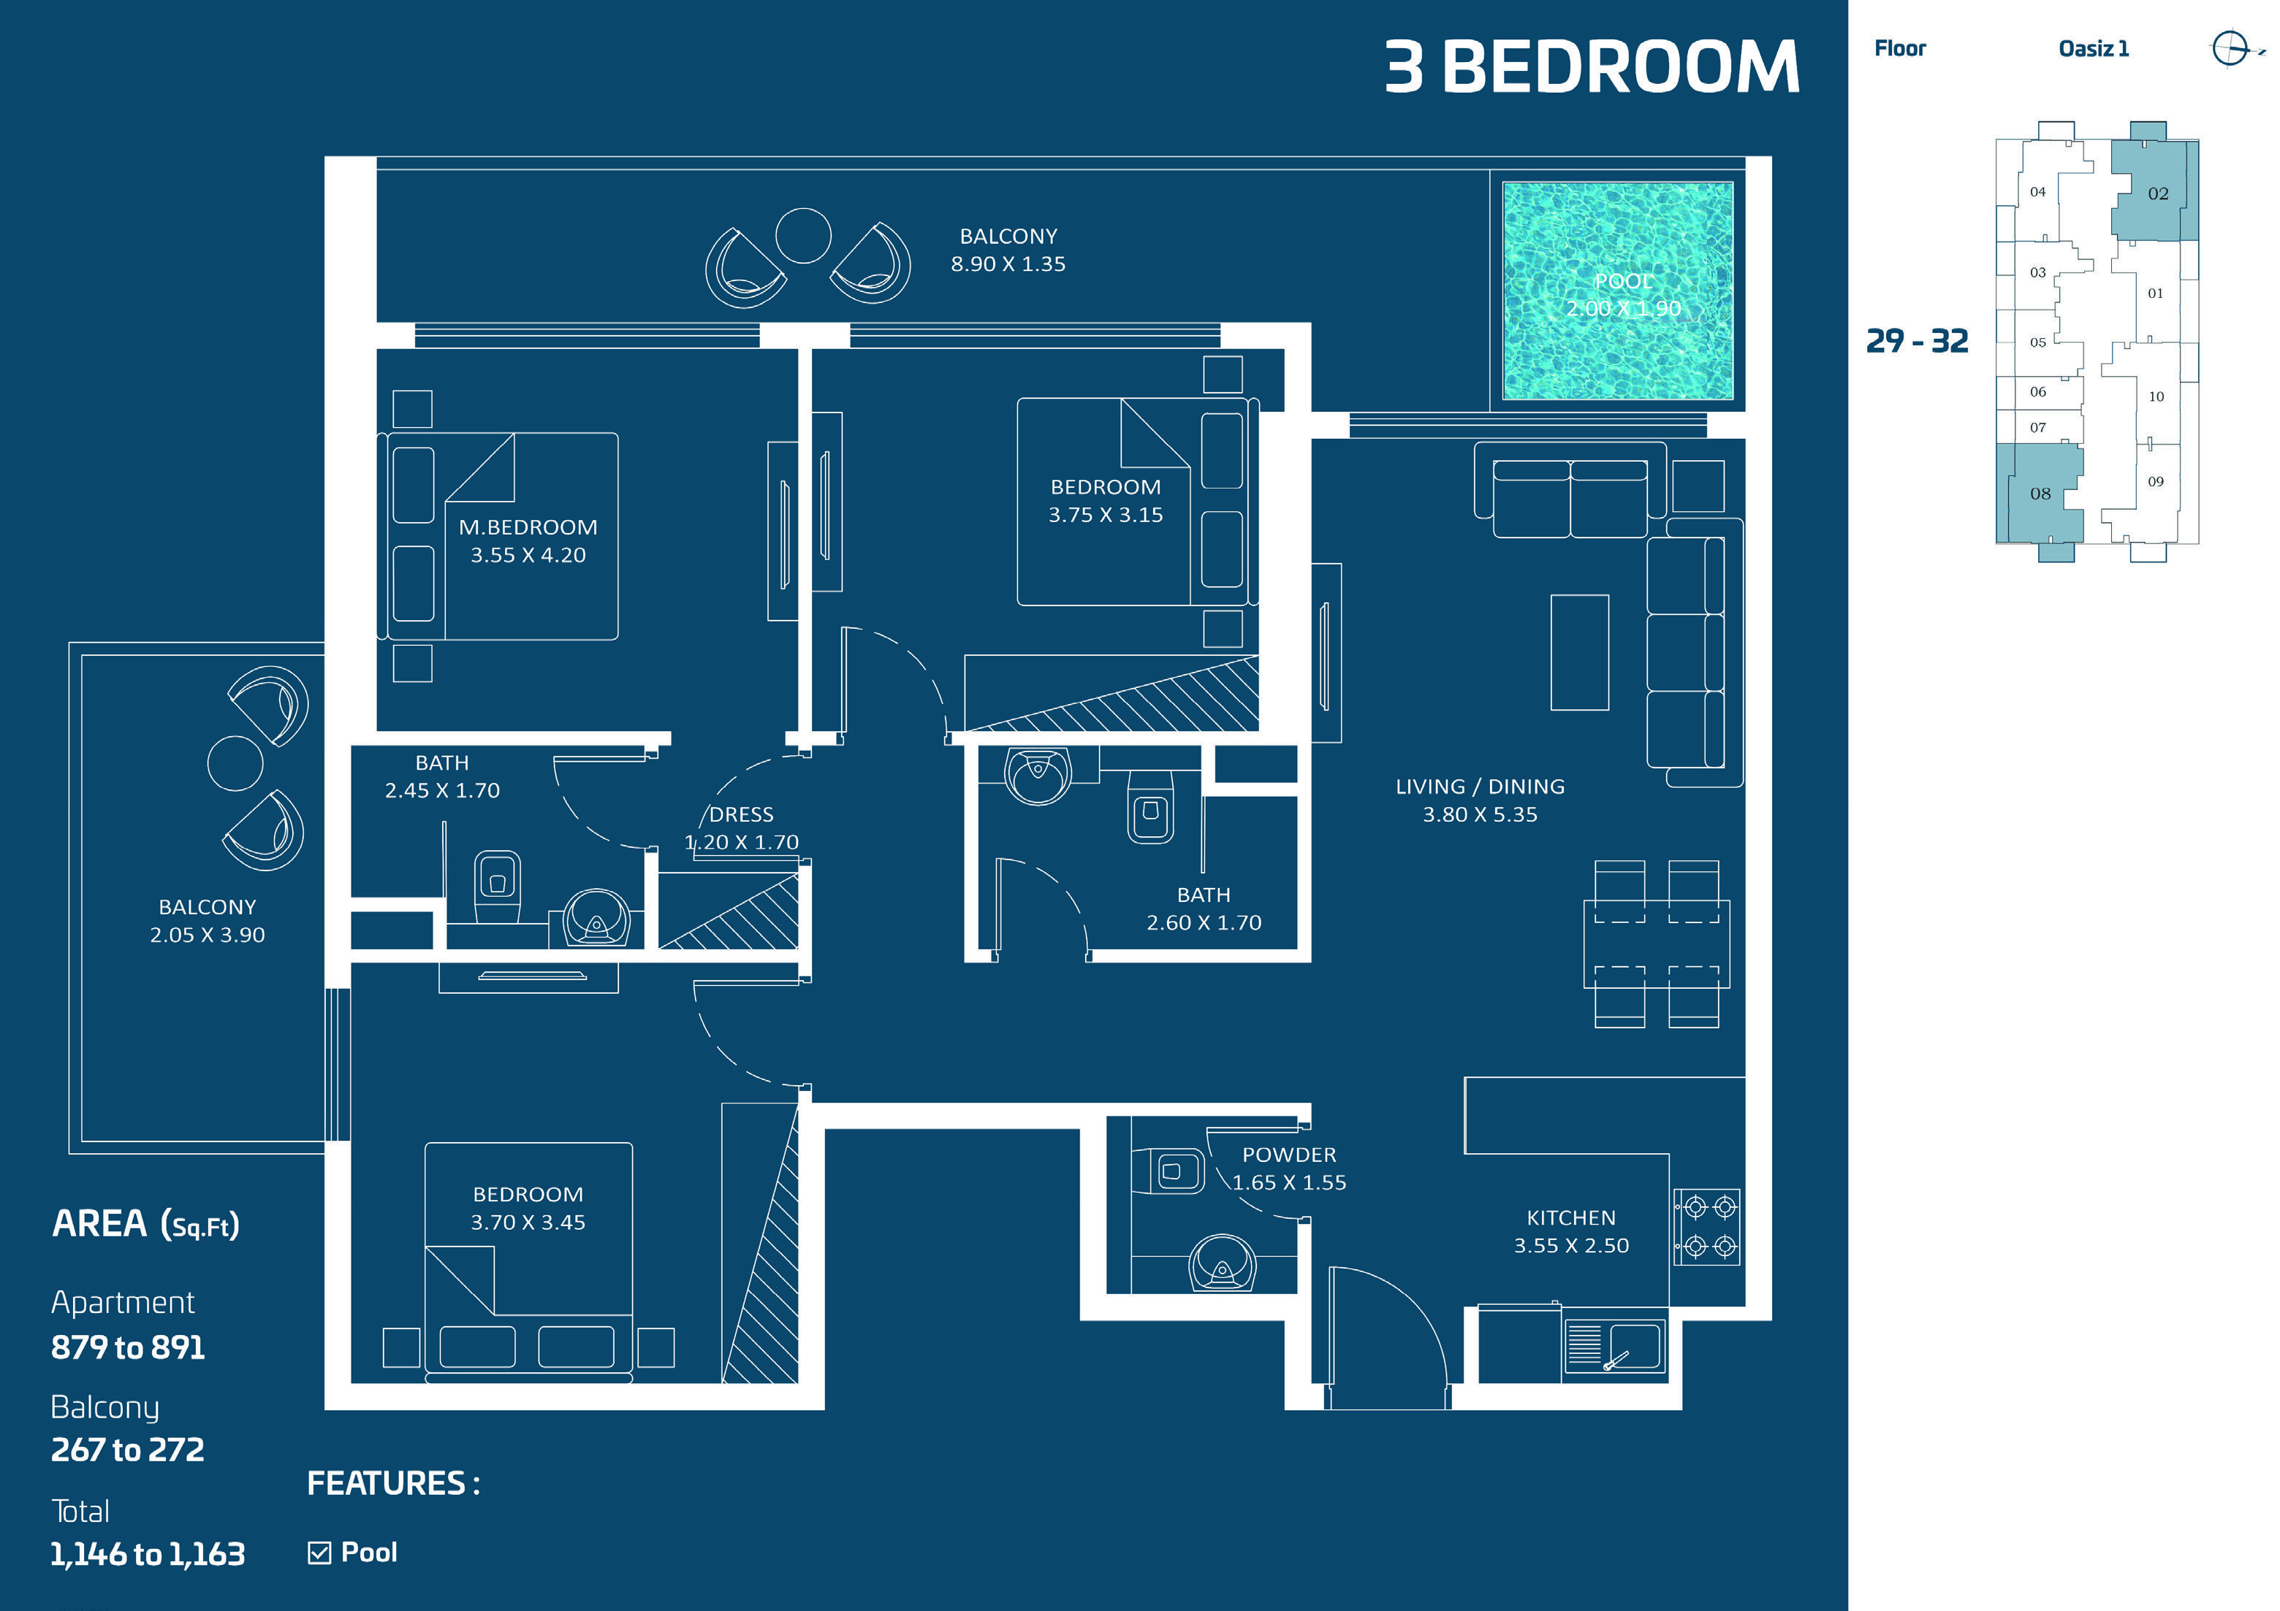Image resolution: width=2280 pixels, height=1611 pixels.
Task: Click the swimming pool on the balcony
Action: [1618, 291]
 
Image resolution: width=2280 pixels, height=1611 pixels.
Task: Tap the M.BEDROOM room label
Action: [528, 527]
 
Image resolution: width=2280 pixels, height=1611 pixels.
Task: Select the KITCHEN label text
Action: [1571, 1218]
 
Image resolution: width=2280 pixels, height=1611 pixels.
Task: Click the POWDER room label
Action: [1289, 1155]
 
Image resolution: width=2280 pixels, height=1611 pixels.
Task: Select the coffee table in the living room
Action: [1579, 652]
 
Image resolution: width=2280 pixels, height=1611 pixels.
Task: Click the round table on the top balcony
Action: [802, 235]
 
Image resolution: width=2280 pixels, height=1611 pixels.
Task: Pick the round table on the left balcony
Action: [235, 763]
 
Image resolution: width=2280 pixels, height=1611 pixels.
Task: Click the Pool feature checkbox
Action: [319, 1553]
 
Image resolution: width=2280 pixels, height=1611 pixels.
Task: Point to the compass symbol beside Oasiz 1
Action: [2230, 47]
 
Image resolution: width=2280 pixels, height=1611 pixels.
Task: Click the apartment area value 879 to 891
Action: [128, 1347]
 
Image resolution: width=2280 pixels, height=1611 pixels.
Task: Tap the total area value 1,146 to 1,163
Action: [148, 1553]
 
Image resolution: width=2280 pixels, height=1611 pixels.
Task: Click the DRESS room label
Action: [741, 815]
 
